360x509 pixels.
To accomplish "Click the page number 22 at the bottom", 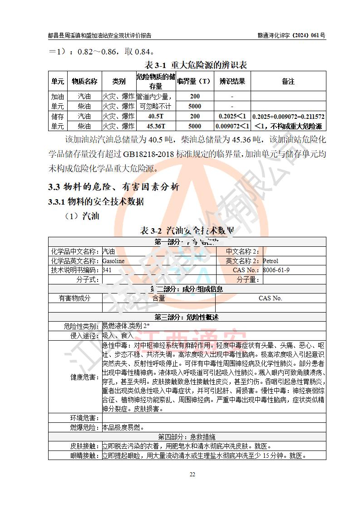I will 192,475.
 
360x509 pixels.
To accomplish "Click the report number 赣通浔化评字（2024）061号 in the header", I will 290,35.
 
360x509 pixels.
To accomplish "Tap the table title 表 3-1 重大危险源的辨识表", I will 196,65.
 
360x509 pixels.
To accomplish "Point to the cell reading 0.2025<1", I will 232,117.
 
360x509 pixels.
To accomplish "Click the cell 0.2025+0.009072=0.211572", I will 288,117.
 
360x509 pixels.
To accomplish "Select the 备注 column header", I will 288,81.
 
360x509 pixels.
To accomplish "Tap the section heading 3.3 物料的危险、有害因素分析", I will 113,186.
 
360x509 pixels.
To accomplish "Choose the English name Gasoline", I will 113,261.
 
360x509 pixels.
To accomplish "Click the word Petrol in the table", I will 271,261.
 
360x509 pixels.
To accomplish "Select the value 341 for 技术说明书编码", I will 107,270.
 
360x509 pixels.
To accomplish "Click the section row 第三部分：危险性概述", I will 187,317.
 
